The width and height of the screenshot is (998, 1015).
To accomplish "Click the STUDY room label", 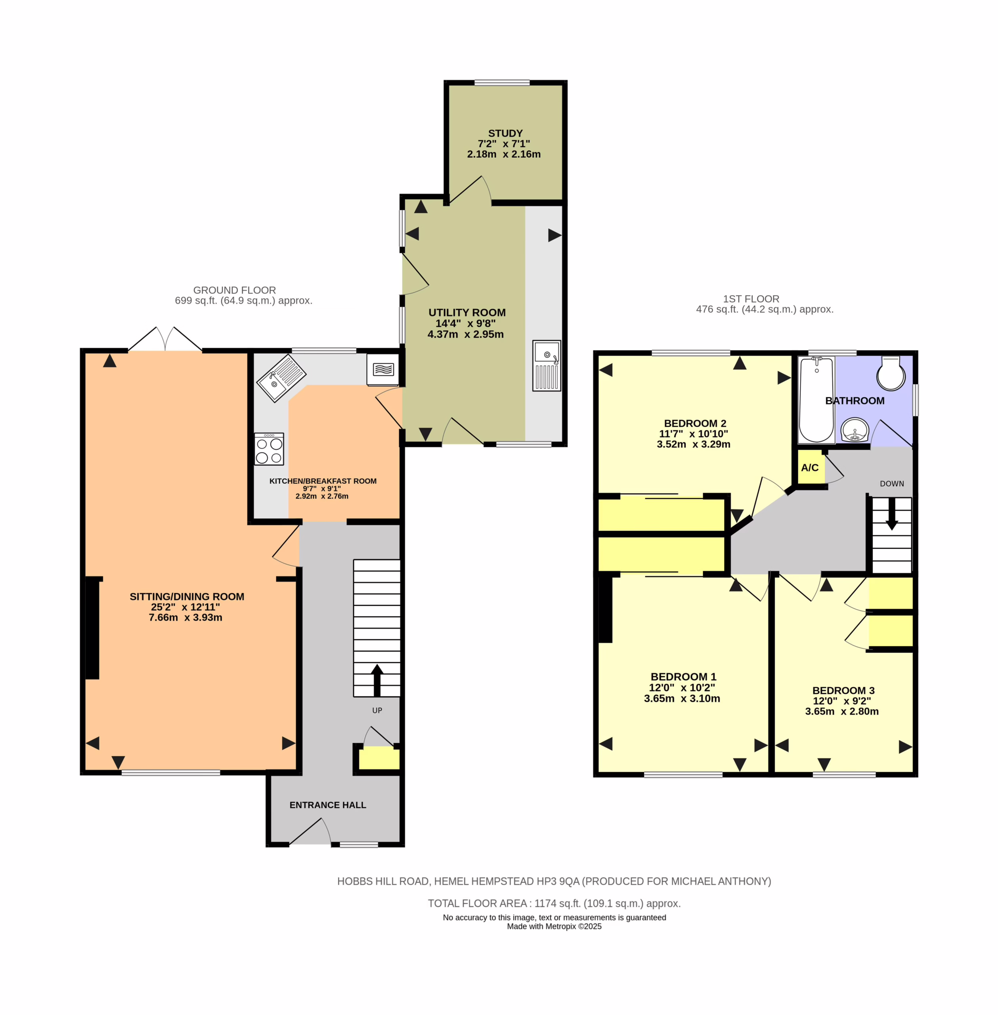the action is (505, 133).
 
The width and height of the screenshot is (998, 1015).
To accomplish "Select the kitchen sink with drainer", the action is (281, 379).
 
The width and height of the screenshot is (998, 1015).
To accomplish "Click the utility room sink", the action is (547, 366).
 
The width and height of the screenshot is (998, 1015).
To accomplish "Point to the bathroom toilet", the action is (891, 373).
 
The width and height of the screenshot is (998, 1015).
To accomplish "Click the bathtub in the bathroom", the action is (816, 400).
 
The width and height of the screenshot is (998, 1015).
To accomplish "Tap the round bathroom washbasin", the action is (855, 430).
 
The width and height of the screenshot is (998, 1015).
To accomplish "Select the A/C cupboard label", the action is (810, 468).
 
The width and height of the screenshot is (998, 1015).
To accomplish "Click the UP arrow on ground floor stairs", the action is (377, 680).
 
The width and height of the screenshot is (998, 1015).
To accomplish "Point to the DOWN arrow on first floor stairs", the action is (892, 514).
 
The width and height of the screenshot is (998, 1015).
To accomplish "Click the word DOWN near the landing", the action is (892, 483).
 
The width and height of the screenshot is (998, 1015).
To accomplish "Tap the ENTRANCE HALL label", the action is (328, 805).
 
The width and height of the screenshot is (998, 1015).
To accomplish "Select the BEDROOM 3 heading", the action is (843, 690).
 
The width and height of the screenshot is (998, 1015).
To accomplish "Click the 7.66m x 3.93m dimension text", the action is (185, 618).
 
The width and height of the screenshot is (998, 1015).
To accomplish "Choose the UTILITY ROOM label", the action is (467, 312).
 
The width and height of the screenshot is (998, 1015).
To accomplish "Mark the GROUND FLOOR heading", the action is (234, 290).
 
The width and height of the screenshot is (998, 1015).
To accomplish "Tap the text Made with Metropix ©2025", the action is (554, 927).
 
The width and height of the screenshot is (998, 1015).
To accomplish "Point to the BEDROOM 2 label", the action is (695, 423).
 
